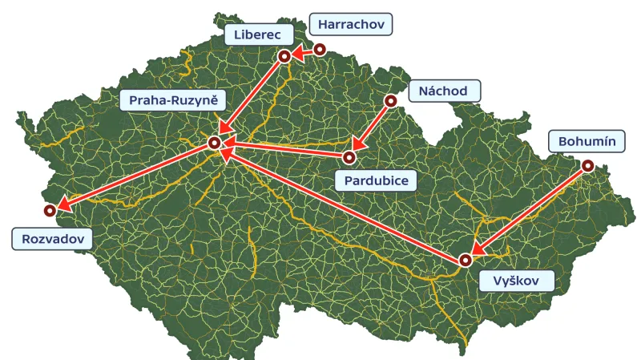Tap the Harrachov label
[351, 25]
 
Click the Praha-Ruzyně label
[172, 100]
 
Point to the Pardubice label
[377, 180]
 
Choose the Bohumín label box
[587, 142]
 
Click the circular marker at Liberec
[284, 56]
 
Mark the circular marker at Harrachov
[320, 49]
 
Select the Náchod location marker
[390, 101]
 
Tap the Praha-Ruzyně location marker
[214, 143]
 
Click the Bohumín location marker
[588, 165]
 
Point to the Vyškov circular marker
[466, 260]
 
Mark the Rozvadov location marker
[50, 210]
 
